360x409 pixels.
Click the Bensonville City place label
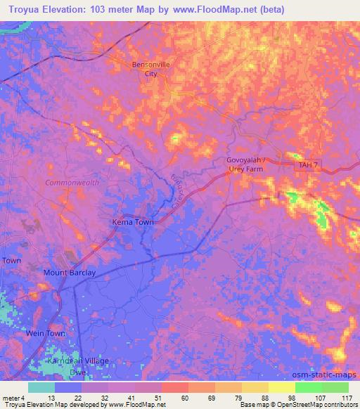pos(151,69)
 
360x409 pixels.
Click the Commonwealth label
pos(72,182)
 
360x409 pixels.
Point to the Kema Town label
pos(133,222)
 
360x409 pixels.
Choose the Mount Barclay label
pos(70,272)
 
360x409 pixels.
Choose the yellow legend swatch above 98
pos(282,387)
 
